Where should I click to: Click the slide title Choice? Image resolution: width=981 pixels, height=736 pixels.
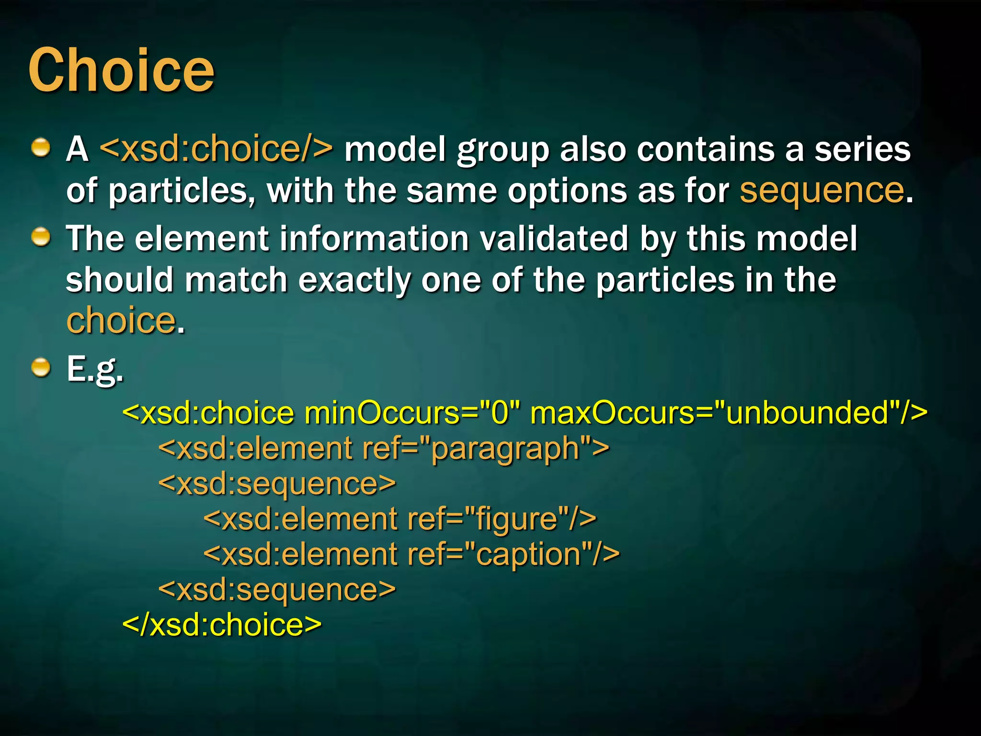click(121, 71)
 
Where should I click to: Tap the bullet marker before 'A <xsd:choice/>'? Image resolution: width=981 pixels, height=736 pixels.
click(41, 148)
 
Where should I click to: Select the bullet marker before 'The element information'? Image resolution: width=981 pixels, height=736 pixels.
click(41, 237)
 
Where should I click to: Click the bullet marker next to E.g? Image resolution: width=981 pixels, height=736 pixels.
click(41, 368)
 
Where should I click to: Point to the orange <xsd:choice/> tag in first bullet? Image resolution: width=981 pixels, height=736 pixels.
click(216, 149)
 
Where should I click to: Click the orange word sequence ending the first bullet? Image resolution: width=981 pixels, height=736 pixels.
click(821, 191)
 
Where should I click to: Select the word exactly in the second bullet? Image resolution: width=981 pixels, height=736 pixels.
click(354, 280)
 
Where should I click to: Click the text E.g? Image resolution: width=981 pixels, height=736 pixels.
click(95, 369)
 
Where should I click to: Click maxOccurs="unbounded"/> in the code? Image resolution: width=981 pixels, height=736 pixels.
click(728, 413)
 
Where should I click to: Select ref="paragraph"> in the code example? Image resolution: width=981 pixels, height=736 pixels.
click(485, 448)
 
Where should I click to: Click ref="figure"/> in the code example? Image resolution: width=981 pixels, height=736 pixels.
click(502, 519)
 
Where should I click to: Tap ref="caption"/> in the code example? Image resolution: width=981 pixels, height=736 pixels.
click(513, 554)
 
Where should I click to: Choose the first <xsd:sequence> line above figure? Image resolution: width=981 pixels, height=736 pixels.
click(277, 484)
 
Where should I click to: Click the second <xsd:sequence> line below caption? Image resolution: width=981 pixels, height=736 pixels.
click(277, 590)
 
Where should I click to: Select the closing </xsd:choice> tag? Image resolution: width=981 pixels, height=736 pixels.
click(222, 625)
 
